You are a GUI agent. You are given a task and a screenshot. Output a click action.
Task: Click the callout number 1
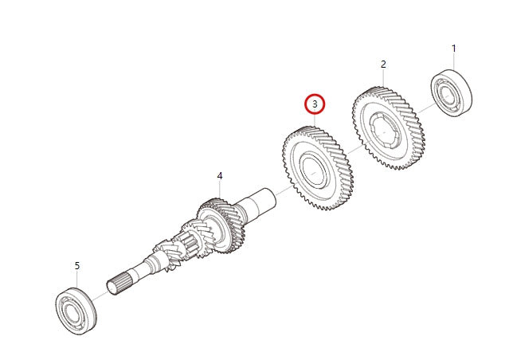454,49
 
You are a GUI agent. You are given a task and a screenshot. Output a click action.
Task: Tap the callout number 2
383,64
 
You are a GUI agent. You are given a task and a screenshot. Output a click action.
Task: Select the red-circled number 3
315,104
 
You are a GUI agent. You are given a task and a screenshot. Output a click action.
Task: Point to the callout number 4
220,176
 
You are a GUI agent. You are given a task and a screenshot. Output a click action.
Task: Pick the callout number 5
77,265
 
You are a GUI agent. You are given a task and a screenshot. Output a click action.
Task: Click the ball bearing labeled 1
452,93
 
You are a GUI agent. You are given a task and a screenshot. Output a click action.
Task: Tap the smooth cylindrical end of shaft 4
263,200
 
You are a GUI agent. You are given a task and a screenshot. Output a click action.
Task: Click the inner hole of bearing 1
451,94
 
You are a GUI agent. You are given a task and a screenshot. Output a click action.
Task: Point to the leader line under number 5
77,279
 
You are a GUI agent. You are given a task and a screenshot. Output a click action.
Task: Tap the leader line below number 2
383,78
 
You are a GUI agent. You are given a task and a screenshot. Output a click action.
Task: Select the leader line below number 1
454,62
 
